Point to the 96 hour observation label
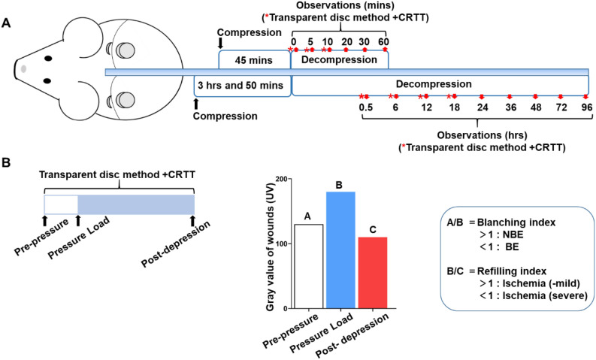click(x=585, y=108)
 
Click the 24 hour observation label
click(x=481, y=108)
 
